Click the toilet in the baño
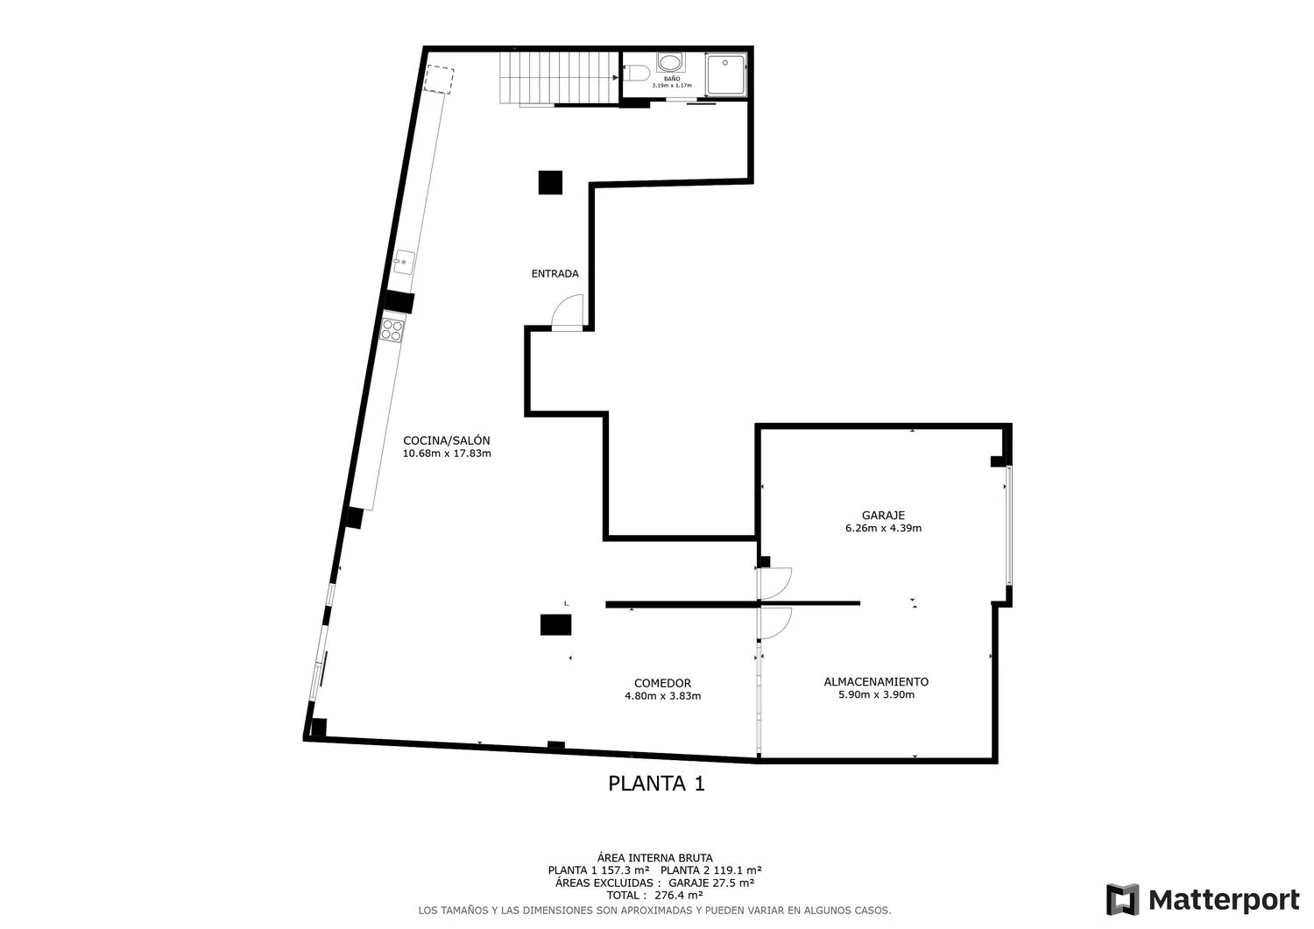637,74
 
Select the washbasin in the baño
670,61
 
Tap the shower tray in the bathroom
725,74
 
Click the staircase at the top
560,78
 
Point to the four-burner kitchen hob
392,330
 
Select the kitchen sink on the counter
404,262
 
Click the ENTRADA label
555,274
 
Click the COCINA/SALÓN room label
447,440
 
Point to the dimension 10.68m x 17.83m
447,454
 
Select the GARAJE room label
883,516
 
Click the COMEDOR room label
662,683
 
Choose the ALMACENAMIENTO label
876,682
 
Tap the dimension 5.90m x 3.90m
876,695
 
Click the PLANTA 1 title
656,784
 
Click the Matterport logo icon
1122,899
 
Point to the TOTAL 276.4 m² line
654,896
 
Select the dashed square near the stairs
439,79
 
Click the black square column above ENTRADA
550,182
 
